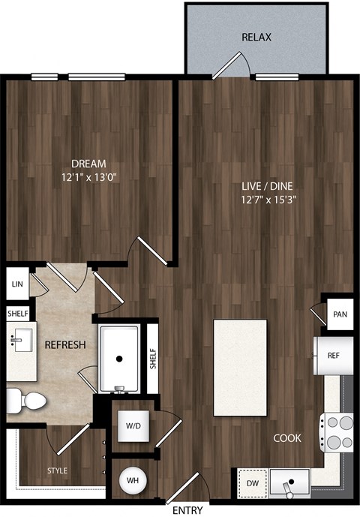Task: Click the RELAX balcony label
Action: click(256, 37)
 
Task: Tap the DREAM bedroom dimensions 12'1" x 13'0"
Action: click(89, 178)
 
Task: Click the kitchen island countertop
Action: click(240, 368)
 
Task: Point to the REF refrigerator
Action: click(333, 356)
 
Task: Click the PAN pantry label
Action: click(340, 314)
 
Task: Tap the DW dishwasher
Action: click(253, 483)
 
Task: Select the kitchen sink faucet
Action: click(288, 488)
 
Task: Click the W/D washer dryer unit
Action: click(133, 426)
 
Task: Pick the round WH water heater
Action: click(133, 480)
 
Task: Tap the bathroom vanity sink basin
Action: click(23, 340)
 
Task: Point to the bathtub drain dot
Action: click(119, 359)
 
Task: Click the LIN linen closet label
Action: click(17, 284)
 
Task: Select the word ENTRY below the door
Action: click(188, 510)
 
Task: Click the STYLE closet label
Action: click(57, 470)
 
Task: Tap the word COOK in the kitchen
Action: click(287, 438)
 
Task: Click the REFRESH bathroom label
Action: click(65, 345)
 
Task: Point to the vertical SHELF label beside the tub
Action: click(153, 359)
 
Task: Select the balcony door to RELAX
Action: click(226, 66)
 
